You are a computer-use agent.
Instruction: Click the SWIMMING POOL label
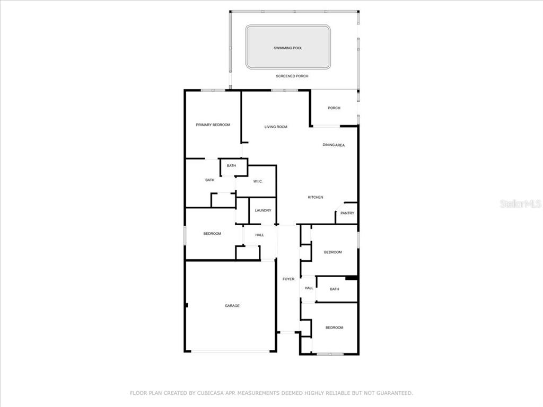288,48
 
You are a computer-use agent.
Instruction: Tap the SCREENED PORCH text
292,76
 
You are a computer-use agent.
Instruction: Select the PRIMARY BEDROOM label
213,125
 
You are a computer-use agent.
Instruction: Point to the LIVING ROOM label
276,127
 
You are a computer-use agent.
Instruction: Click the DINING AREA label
334,145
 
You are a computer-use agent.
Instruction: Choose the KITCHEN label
316,197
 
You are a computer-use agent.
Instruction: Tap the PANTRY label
347,213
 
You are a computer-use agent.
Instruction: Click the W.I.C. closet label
258,181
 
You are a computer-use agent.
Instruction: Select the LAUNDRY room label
263,210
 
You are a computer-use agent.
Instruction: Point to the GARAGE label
232,306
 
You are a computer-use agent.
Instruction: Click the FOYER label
288,279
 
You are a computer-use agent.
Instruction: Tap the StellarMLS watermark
521,204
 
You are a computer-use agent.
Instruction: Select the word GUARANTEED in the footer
395,393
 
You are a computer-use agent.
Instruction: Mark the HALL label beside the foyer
309,288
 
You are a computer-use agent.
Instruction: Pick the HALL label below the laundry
260,235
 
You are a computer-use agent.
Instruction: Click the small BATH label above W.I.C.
231,166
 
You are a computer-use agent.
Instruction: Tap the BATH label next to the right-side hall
335,289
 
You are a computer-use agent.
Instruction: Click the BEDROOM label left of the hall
212,234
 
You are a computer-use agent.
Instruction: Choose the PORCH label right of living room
334,108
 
